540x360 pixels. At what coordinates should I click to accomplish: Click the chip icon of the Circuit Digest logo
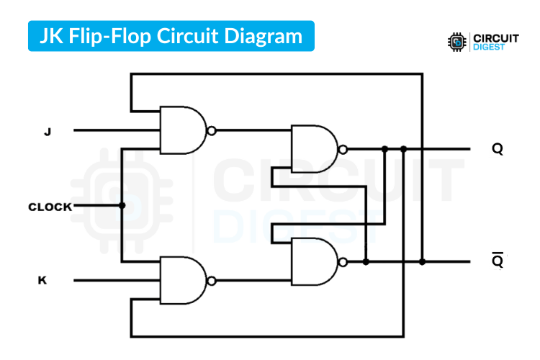point(456,41)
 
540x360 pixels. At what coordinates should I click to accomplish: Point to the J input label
point(48,131)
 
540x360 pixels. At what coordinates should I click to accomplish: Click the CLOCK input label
point(50,207)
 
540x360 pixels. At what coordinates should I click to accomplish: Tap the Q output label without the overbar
point(498,149)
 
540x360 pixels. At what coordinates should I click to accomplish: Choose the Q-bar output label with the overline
point(498,261)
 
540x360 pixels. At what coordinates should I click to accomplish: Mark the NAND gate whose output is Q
point(314,149)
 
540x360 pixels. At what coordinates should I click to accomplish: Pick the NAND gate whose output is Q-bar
point(314,261)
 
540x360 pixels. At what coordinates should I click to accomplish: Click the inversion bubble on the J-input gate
point(211,131)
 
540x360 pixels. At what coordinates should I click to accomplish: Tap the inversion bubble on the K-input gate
point(211,280)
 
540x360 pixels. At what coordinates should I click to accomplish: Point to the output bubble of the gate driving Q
point(343,149)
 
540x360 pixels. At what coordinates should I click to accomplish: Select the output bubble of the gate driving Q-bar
point(343,261)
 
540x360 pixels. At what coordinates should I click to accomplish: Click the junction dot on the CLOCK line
point(122,206)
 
